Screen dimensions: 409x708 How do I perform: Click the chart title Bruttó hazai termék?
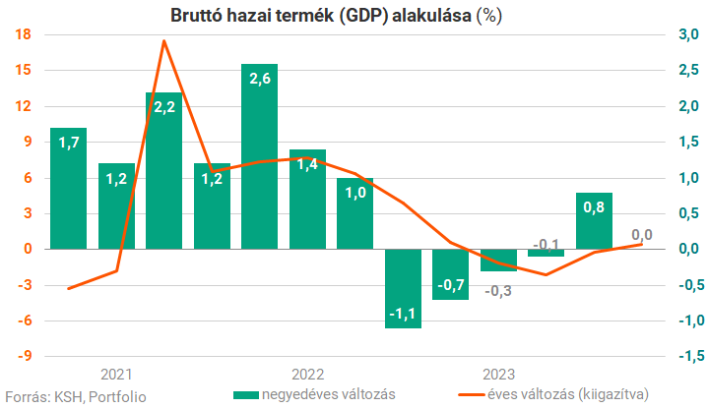[x=353, y=15]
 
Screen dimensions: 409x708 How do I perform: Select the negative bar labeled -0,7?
[x=450, y=274]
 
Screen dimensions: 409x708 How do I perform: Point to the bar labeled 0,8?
[x=594, y=221]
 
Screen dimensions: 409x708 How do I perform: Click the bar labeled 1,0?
[x=354, y=213]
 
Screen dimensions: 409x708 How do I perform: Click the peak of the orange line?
[x=163, y=41]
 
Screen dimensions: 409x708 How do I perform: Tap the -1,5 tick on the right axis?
[x=685, y=356]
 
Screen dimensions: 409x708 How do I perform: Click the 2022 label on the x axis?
[x=307, y=374]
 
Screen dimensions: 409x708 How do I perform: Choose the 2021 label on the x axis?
[x=116, y=374]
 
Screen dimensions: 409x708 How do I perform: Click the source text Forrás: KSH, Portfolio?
[x=76, y=396]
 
